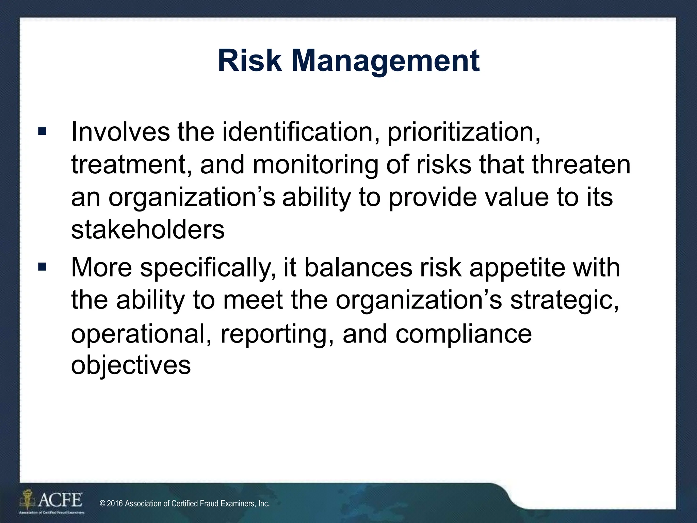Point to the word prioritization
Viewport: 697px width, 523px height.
(464, 133)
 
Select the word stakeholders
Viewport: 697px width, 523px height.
(148, 229)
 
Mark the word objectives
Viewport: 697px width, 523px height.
(131, 366)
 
